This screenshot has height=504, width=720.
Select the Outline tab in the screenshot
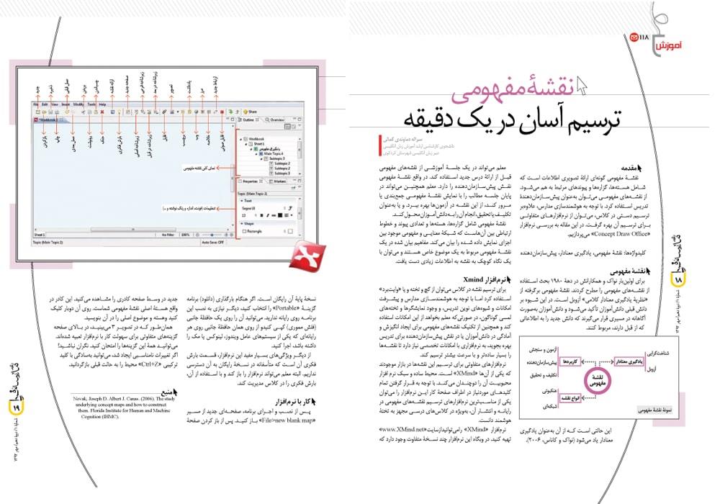coord(249,120)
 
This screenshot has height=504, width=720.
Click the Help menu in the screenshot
coord(102,104)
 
